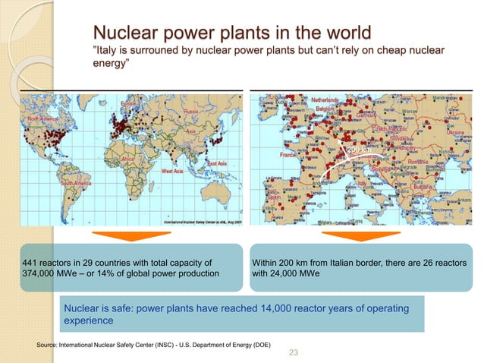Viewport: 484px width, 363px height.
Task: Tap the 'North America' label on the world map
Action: tap(44, 120)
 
